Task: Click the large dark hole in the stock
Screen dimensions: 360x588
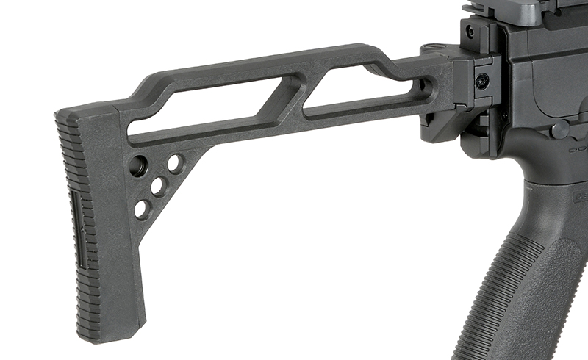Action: (x=137, y=166)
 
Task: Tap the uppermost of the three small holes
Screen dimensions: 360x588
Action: (x=175, y=163)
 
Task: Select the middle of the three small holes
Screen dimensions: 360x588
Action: (x=158, y=186)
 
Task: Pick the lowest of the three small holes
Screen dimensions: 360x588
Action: (x=141, y=209)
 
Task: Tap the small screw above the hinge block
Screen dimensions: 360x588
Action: (x=470, y=32)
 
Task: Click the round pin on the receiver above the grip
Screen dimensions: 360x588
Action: (x=561, y=131)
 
